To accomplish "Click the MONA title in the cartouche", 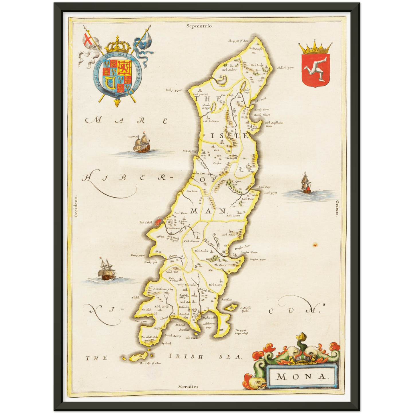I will click(301, 376).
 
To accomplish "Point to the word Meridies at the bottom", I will click(188, 386).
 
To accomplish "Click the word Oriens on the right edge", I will click(337, 208).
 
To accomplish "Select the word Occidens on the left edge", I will click(76, 207).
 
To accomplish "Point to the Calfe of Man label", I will click(150, 363).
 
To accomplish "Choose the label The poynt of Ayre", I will click(238, 41).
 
